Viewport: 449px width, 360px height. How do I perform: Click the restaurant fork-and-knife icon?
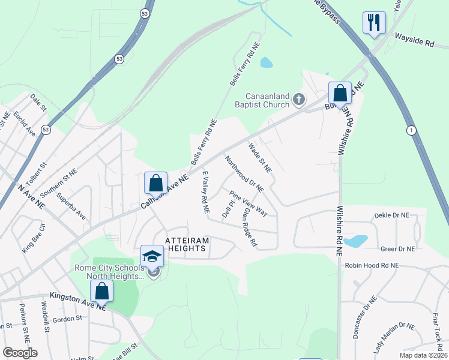[374, 23]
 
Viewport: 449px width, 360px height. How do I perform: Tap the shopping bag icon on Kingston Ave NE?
[102, 291]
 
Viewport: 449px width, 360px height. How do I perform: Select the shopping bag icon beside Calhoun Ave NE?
[155, 183]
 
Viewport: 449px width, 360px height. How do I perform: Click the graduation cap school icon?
[152, 257]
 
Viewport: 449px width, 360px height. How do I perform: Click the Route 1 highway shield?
[411, 130]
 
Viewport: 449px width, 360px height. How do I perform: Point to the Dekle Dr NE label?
[391, 215]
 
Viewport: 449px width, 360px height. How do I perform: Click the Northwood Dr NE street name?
[244, 174]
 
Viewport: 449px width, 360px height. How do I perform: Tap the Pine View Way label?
[249, 203]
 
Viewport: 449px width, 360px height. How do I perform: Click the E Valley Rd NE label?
[205, 192]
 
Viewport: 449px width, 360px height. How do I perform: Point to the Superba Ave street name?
[71, 206]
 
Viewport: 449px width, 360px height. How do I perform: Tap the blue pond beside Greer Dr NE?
[356, 241]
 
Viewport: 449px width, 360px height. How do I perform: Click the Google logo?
[19, 353]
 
